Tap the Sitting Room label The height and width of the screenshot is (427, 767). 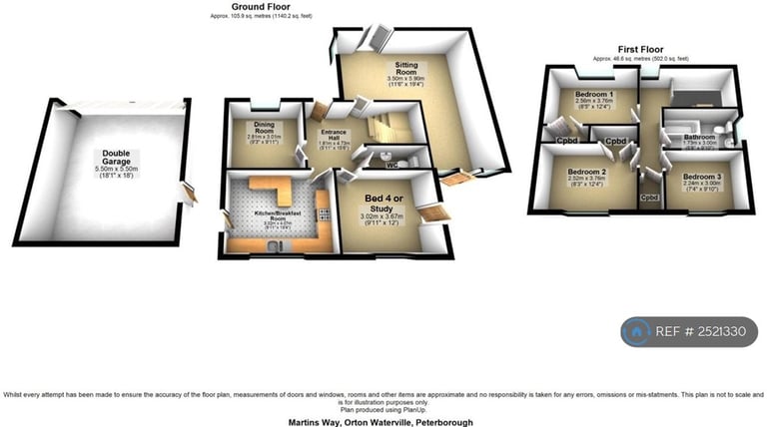(404, 67)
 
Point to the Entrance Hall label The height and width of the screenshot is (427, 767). (333, 136)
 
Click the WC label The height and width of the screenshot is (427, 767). (392, 163)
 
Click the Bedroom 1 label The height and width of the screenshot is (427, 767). (593, 94)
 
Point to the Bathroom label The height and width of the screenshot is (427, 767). (699, 137)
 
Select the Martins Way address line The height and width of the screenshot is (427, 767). (383, 422)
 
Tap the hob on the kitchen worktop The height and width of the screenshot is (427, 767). (322, 212)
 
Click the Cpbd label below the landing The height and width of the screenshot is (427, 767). (650, 198)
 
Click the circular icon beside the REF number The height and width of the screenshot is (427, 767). (636, 331)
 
